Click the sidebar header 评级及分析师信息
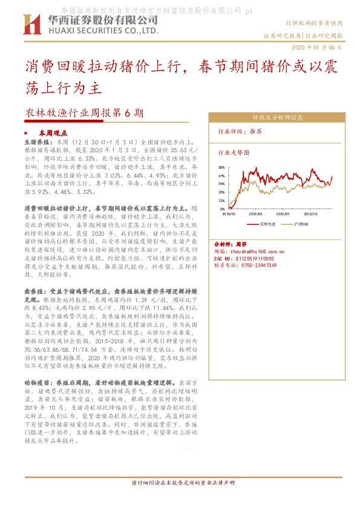[x=278, y=117]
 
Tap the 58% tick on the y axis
[x=222, y=167]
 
